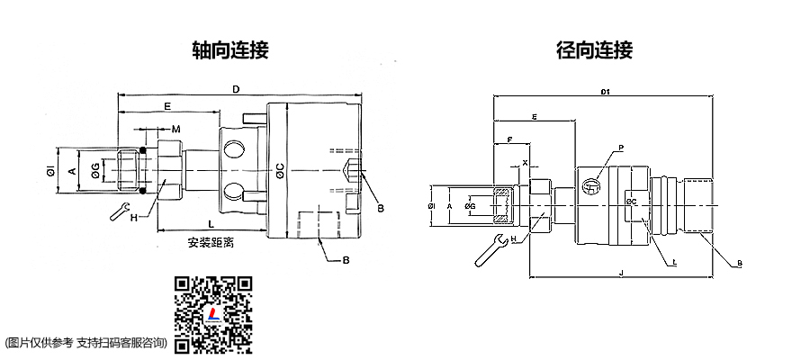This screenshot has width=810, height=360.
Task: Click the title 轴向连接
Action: pyautogui.click(x=231, y=49)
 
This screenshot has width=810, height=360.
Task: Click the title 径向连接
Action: pyautogui.click(x=595, y=49)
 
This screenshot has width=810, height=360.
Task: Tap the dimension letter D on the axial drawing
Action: pyautogui.click(x=236, y=89)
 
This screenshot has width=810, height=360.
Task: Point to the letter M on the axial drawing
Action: pyautogui.click(x=177, y=130)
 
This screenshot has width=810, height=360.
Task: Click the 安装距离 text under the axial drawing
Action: pyautogui.click(x=211, y=242)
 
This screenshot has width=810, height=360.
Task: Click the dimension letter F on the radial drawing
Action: pyautogui.click(x=510, y=140)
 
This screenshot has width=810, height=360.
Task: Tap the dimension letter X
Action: pyautogui.click(x=526, y=163)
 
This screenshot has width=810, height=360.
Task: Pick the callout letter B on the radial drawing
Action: pyautogui.click(x=738, y=263)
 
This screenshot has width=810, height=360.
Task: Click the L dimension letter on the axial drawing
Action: pyautogui.click(x=211, y=222)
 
